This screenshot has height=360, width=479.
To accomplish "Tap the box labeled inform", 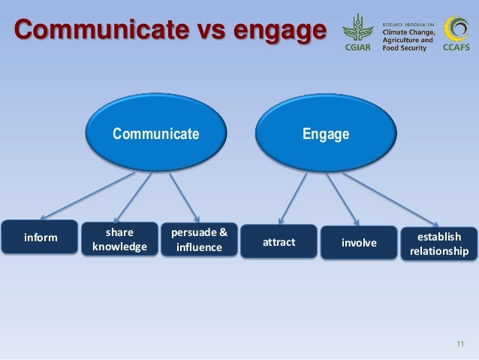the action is [41, 237].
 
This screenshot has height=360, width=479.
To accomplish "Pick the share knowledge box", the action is [119, 238].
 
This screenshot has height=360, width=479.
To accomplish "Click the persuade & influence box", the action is [198, 238].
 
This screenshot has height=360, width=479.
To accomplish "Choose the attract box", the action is [279, 242].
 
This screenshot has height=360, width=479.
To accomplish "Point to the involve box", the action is [359, 242].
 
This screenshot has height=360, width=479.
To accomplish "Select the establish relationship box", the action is [438, 244].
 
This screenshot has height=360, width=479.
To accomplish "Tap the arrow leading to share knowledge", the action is [135, 197].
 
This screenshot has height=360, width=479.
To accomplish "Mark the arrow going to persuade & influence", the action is [185, 197].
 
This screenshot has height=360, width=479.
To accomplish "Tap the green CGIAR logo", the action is [357, 32].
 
